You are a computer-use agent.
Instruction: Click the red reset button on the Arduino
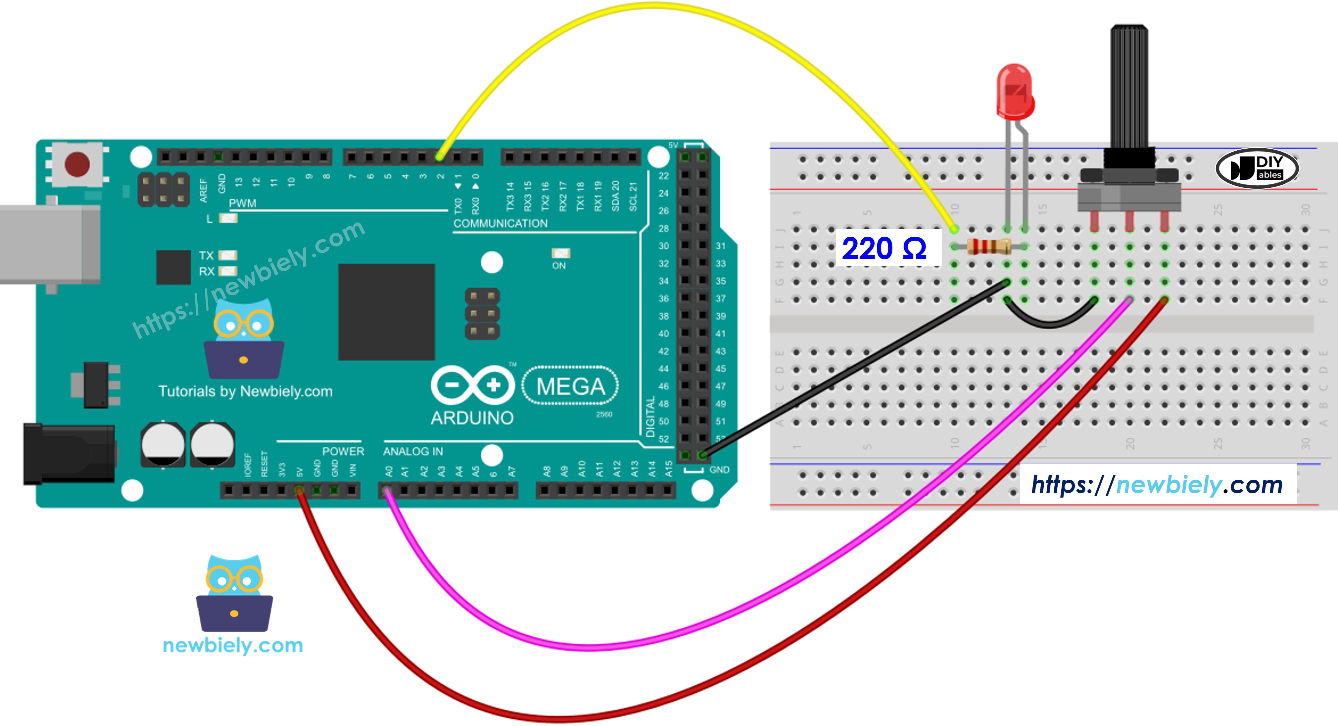coord(77,164)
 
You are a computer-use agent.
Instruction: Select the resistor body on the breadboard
coord(988,246)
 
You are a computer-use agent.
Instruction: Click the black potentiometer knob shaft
coord(1129,88)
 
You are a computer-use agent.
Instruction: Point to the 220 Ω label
coord(884,248)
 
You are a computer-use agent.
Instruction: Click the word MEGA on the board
coord(570,386)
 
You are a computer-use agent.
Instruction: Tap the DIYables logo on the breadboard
coord(1257,168)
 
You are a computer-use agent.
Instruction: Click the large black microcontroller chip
coord(386,312)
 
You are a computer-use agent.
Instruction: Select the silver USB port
coord(49,244)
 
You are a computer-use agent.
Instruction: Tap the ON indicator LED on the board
coord(560,254)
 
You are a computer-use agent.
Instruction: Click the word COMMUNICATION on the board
coord(500,223)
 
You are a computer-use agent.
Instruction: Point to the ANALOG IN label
coord(413,451)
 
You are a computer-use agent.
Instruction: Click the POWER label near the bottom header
coord(343,451)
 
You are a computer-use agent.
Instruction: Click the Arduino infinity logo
coord(473,385)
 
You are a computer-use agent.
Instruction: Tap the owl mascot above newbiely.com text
coord(234,592)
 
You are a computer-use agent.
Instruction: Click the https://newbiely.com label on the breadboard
coord(1157,485)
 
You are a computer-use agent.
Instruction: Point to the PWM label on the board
coord(243,203)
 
